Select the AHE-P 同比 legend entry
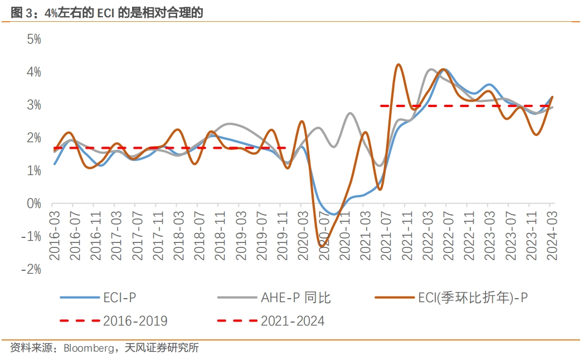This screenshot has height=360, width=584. pos(295,298)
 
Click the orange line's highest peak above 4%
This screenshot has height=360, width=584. pos(398,65)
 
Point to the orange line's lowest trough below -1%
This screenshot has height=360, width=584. pos(322,246)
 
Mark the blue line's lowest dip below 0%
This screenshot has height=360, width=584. pos(333,214)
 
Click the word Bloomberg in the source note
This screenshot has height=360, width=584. pos(87,349)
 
